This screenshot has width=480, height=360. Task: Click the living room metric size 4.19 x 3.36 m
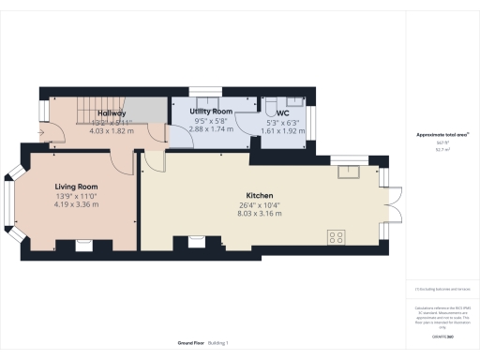(x=77, y=204)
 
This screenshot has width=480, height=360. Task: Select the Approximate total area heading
(x=442, y=135)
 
